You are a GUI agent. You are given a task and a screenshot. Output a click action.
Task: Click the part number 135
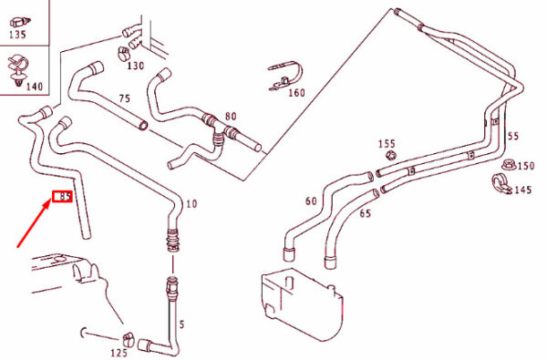(17, 35)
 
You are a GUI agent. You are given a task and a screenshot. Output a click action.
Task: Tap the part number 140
(35, 87)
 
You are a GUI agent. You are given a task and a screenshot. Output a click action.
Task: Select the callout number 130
(135, 66)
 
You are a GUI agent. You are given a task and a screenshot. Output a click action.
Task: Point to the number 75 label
(125, 98)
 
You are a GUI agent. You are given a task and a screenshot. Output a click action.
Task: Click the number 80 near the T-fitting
(231, 116)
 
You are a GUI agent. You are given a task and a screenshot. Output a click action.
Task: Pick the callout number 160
(296, 93)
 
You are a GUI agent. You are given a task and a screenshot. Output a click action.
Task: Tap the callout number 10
(191, 203)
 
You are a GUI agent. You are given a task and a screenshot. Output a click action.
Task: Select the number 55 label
(512, 136)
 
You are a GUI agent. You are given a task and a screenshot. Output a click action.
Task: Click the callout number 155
(387, 144)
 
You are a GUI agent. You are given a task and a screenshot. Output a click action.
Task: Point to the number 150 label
(526, 166)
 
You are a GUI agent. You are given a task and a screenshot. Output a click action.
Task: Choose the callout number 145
(523, 190)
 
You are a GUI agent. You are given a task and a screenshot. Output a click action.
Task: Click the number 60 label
(312, 201)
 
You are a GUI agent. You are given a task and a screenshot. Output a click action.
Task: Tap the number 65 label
(366, 213)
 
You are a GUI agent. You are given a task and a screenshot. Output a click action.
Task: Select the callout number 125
(119, 353)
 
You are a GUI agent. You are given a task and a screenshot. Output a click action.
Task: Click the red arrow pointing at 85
(35, 223)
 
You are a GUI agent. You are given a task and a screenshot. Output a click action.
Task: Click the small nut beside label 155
(392, 155)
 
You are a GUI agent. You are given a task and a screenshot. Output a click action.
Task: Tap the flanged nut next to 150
(509, 165)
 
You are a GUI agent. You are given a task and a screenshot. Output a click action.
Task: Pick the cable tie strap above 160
(285, 77)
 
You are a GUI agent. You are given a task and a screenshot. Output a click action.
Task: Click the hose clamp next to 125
(128, 339)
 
